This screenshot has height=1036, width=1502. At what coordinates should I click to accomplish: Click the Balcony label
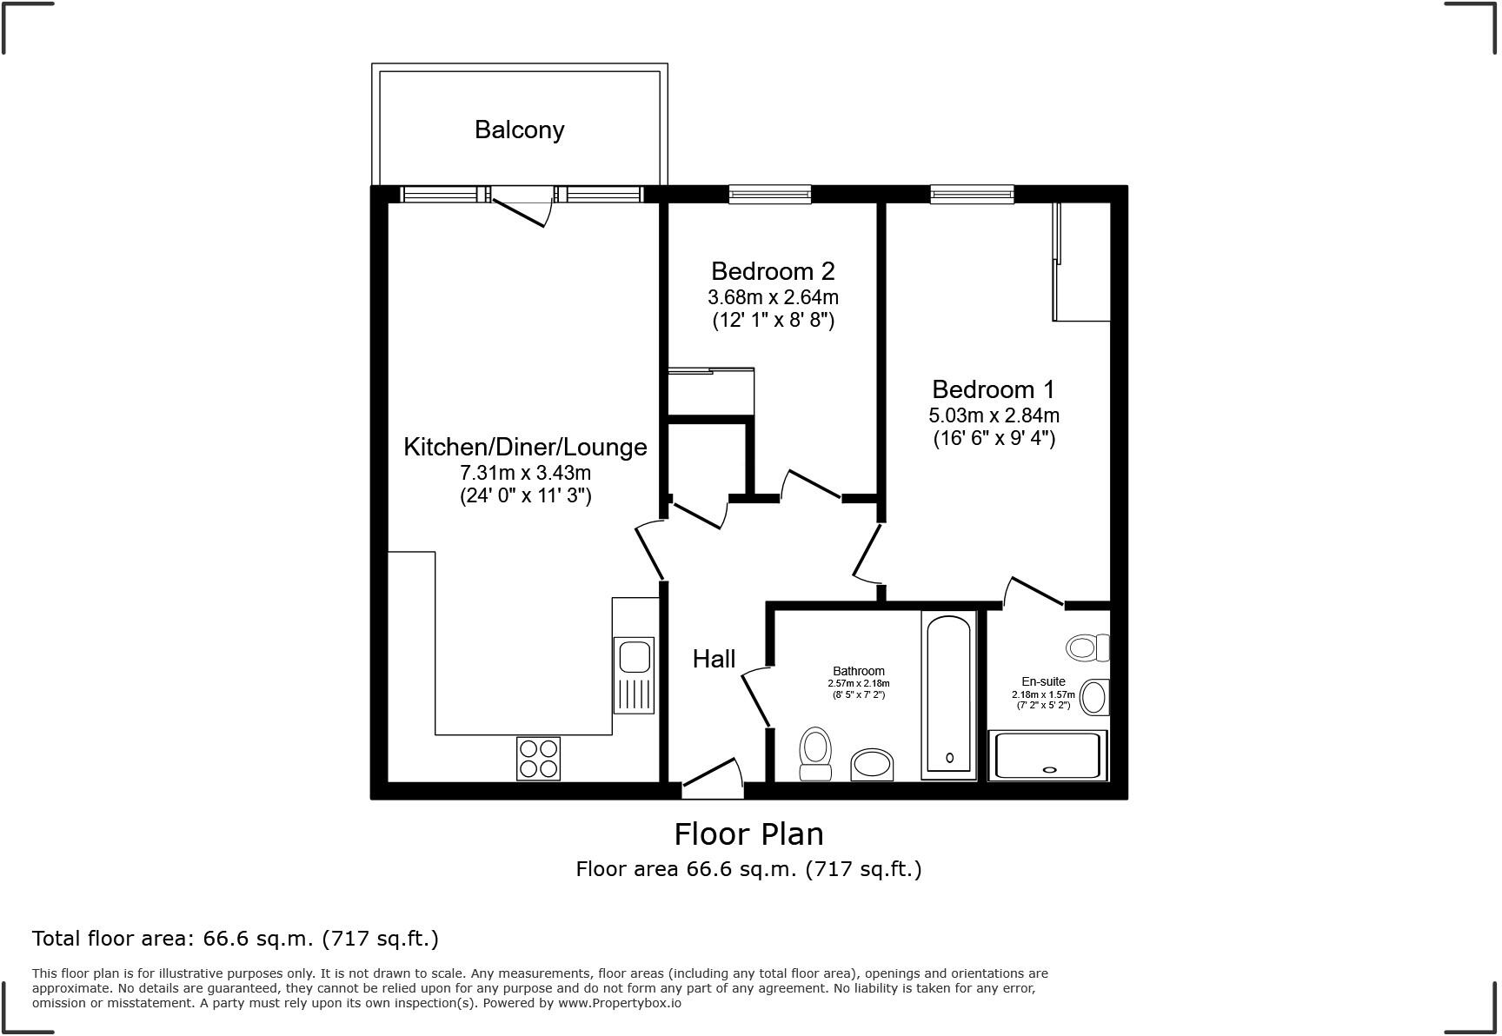coord(519,129)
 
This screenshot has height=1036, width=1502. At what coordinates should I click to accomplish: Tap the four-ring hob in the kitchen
coord(538,758)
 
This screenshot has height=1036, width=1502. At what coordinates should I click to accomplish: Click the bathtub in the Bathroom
coord(948,693)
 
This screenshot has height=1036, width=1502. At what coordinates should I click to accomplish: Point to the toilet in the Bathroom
coord(815,753)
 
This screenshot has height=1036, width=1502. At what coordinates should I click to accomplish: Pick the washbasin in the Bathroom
coord(872,765)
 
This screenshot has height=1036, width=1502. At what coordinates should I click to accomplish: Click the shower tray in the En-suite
coord(1047,755)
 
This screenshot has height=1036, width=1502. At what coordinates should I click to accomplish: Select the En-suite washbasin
coord(1095,697)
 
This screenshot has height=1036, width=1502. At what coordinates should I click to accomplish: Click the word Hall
coord(714,659)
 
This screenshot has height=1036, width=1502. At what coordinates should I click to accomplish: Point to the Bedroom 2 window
coord(769,194)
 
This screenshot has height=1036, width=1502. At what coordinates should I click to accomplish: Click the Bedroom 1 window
coord(972,194)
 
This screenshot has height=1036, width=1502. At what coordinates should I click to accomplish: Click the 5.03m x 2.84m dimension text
coord(994,415)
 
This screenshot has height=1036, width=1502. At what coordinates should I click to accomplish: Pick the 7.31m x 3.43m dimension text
coord(525,473)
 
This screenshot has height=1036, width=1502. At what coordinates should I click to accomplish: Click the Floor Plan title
coord(748,834)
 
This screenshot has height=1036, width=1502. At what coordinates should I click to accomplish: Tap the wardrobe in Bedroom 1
coord(1082,262)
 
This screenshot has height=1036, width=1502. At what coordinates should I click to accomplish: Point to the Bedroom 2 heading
coord(773,271)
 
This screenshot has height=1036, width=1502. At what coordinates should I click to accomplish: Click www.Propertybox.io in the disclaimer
coord(619,1003)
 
